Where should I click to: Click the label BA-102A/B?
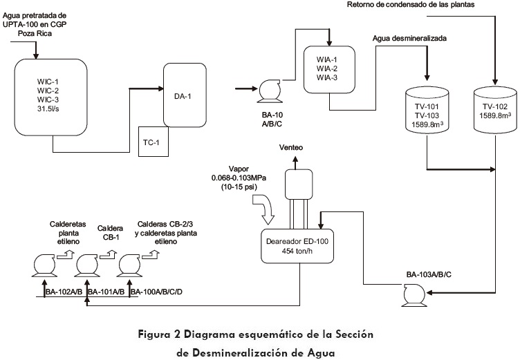point(64,292)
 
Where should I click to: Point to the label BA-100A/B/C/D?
point(157,292)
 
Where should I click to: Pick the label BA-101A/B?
point(108,292)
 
